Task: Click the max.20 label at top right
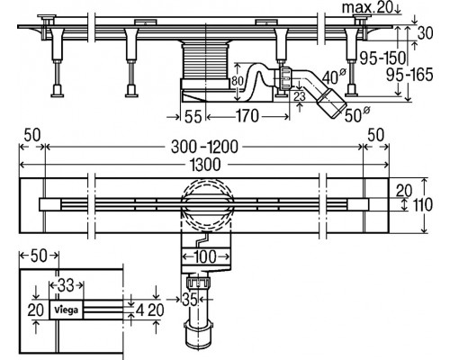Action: coord(367,7)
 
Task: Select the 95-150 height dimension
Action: coord(382,58)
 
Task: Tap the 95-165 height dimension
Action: coord(409,75)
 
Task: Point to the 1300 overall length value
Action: coord(205,165)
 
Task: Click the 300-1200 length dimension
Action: coord(204,147)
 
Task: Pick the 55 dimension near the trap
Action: coord(193,116)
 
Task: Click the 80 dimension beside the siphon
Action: coord(237,81)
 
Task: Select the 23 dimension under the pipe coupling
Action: coord(300,96)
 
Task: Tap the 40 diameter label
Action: coord(334,76)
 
